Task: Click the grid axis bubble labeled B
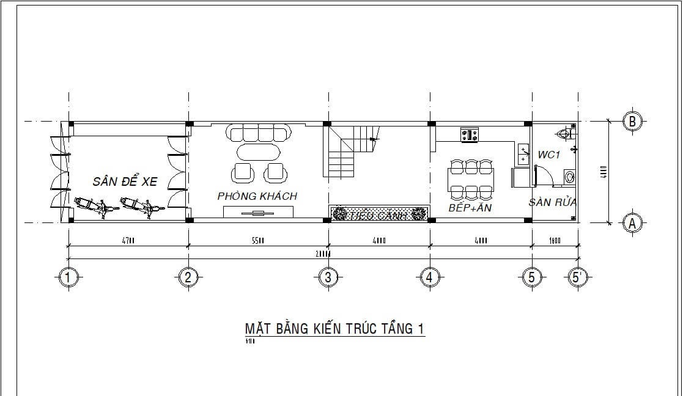pyautogui.click(x=632, y=121)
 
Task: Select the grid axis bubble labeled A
pyautogui.click(x=632, y=224)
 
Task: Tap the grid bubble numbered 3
pyautogui.click(x=328, y=277)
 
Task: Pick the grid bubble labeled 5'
pyautogui.click(x=575, y=277)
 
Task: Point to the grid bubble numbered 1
pyautogui.click(x=68, y=277)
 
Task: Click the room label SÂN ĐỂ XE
pyautogui.click(x=125, y=182)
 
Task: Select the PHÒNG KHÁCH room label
pyautogui.click(x=257, y=196)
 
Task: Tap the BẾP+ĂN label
pyautogui.click(x=470, y=208)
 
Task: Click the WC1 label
pyautogui.click(x=549, y=155)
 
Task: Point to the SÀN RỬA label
pyautogui.click(x=553, y=202)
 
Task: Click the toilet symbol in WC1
pyautogui.click(x=564, y=133)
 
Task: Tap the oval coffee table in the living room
pyautogui.click(x=257, y=151)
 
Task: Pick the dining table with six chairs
pyautogui.click(x=471, y=180)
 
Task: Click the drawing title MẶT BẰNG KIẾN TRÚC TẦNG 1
pyautogui.click(x=334, y=329)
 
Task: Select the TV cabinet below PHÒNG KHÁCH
pyautogui.click(x=258, y=212)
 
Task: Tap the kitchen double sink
pyautogui.click(x=523, y=153)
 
